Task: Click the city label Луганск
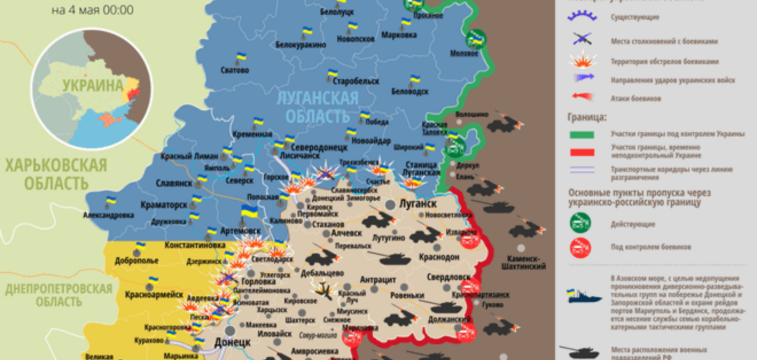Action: click(417, 204)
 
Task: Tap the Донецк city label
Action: click(232, 342)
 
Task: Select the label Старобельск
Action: click(356, 81)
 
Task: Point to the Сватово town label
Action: click(234, 70)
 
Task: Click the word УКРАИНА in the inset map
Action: click(93, 85)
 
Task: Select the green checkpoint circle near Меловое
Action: click(476, 39)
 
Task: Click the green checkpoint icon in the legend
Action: click(580, 223)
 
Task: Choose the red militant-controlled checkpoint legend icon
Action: click(580, 247)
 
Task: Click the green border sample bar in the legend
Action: click(582, 135)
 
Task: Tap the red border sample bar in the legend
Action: click(582, 152)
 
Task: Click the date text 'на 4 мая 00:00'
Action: click(92, 10)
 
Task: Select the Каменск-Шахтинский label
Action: click(523, 262)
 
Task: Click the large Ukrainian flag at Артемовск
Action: click(249, 212)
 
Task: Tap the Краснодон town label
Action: click(439, 257)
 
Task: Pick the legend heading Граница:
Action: click(586, 117)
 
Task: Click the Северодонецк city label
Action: click(319, 147)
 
